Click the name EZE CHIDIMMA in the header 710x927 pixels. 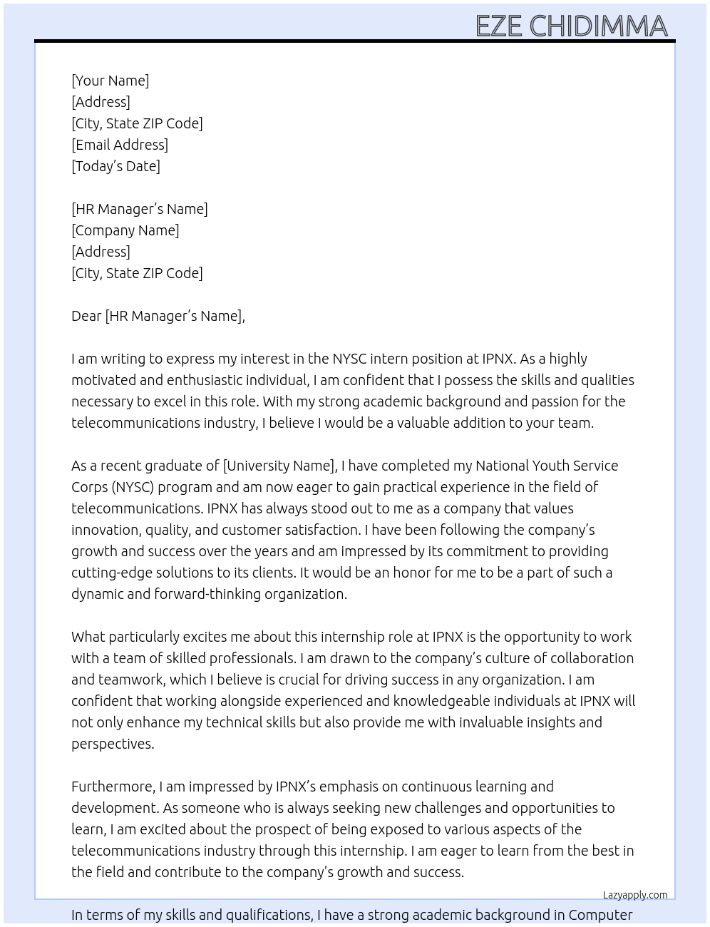click(571, 26)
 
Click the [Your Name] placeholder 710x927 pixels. click(110, 81)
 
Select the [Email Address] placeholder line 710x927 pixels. click(120, 145)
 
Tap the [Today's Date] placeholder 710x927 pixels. click(115, 166)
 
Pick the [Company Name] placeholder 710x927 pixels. click(125, 230)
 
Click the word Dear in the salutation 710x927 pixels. click(86, 316)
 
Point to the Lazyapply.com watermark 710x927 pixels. click(635, 895)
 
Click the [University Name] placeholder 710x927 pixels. click(279, 466)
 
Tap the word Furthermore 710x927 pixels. click(113, 787)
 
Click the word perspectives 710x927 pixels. click(111, 744)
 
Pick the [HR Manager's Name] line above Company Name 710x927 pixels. click(139, 209)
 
